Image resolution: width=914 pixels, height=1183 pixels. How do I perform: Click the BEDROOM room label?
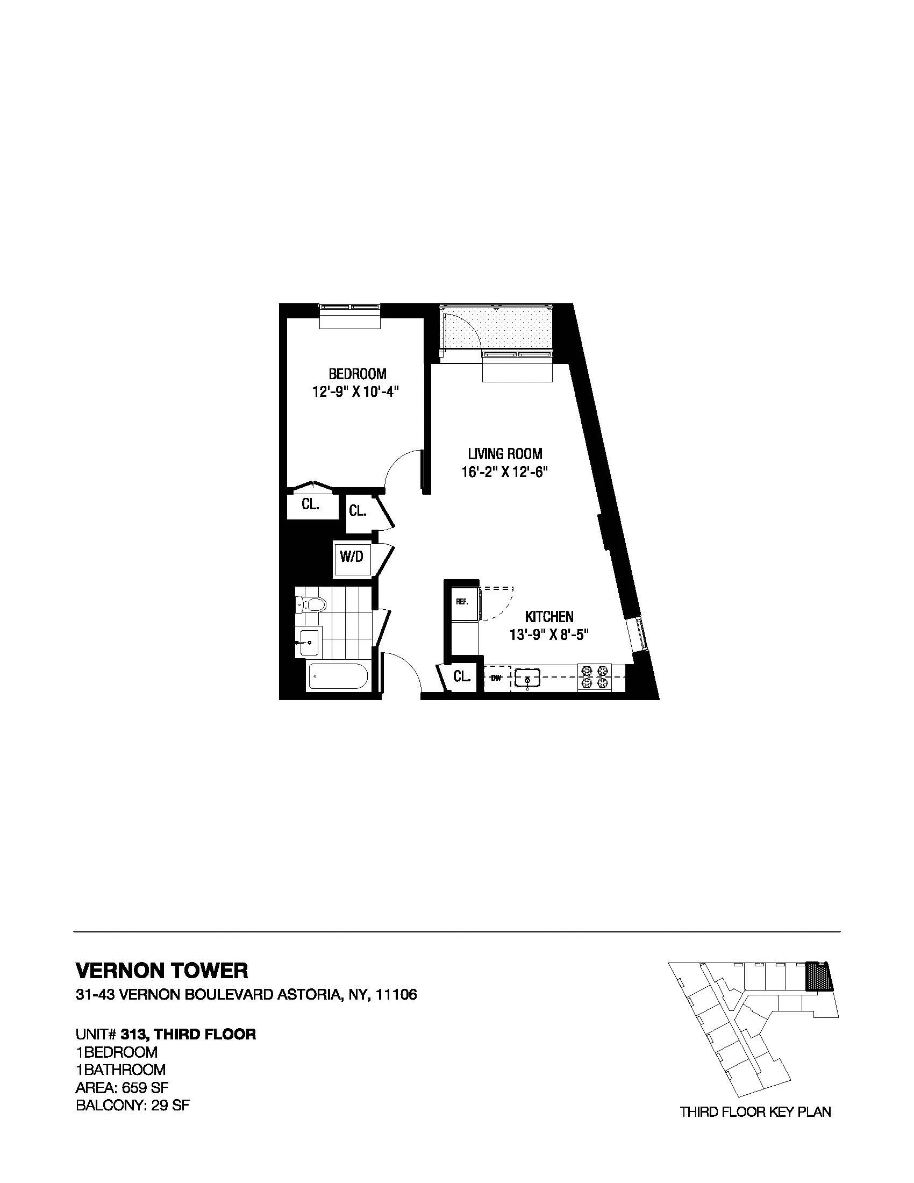[358, 374]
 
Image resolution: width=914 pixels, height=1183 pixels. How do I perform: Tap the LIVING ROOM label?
[505, 453]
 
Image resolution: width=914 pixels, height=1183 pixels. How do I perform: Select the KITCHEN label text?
[549, 616]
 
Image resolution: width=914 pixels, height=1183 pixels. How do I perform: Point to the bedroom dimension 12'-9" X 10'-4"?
[358, 391]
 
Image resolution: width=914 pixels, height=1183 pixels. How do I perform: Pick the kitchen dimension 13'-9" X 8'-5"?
[549, 635]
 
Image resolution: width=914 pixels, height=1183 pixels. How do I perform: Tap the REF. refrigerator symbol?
[462, 601]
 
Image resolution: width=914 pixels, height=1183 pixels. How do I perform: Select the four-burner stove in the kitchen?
[594, 677]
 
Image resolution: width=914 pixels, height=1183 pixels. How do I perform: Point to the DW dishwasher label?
[496, 677]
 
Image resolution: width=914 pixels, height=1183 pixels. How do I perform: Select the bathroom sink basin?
[309, 643]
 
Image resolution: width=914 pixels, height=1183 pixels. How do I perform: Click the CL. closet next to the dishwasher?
[461, 676]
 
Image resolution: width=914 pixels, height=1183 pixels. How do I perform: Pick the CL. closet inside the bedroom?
[310, 504]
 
